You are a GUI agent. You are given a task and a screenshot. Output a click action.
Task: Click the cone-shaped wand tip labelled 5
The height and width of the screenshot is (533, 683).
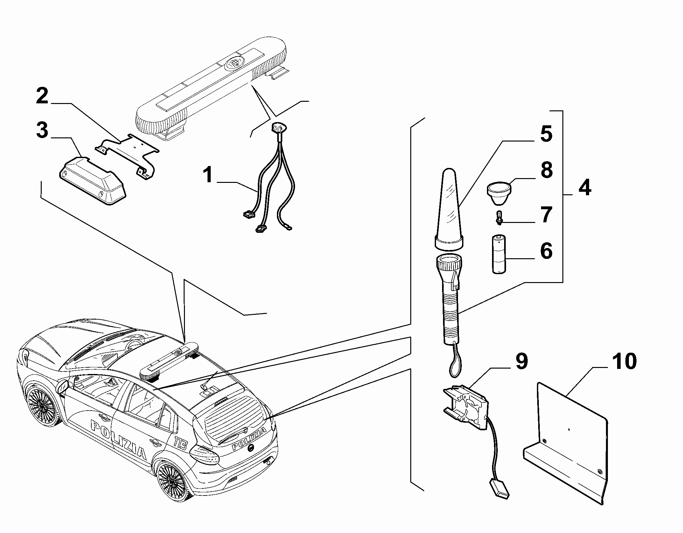(x=449, y=208)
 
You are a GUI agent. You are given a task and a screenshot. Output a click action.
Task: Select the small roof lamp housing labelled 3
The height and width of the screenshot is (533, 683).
(x=93, y=182)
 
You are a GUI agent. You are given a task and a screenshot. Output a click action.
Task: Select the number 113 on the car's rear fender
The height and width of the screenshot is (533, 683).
(x=181, y=443)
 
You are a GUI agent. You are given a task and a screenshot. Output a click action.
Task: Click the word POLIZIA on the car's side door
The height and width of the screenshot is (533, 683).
(x=118, y=440)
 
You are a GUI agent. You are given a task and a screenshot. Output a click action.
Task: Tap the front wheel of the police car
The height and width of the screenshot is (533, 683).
(x=42, y=407)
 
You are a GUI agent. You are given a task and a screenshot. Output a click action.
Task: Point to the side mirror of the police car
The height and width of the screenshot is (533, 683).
(x=63, y=387)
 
